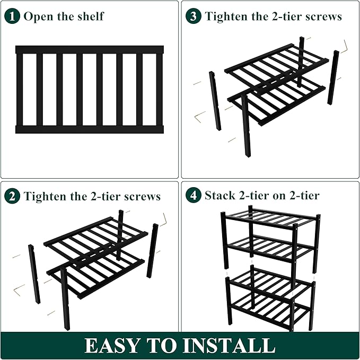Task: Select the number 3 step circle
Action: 194,16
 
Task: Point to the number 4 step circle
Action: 194,196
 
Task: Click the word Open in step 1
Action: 37,16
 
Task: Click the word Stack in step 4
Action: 219,196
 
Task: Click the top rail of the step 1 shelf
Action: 89,50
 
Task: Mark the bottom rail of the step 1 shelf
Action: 89,129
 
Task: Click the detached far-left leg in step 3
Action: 215,101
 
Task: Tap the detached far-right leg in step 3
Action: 333,77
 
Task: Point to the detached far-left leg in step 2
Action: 34,274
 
